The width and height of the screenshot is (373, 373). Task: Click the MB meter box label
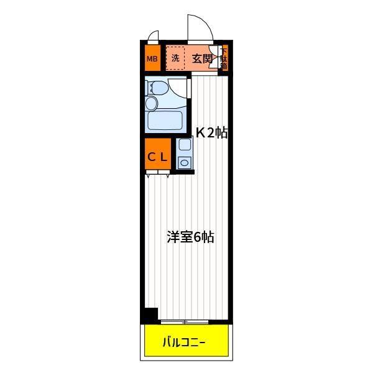pyautogui.click(x=152, y=58)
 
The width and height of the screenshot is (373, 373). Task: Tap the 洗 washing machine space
pyautogui.click(x=175, y=58)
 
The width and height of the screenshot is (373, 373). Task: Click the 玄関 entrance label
pyautogui.click(x=202, y=58)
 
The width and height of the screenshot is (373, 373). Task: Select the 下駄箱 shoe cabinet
pyautogui.click(x=224, y=58)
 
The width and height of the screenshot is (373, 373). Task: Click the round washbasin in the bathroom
pyautogui.click(x=152, y=103)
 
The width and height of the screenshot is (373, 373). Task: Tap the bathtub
pyautogui.click(x=165, y=119)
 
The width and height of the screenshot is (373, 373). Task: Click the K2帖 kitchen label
pyautogui.click(x=211, y=133)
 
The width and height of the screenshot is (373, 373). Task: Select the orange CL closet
pyautogui.click(x=158, y=154)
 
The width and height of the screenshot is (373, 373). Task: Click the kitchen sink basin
pyautogui.click(x=185, y=144)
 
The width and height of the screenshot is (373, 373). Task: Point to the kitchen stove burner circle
pyautogui.click(x=185, y=163)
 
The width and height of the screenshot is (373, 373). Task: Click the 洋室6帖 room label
pyautogui.click(x=190, y=237)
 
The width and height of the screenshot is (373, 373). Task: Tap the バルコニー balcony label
pyautogui.click(x=184, y=343)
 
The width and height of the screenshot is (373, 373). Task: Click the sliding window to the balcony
pyautogui.click(x=185, y=322)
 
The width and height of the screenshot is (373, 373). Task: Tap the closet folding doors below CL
pyautogui.click(x=158, y=173)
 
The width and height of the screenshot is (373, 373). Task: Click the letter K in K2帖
pyautogui.click(x=200, y=133)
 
